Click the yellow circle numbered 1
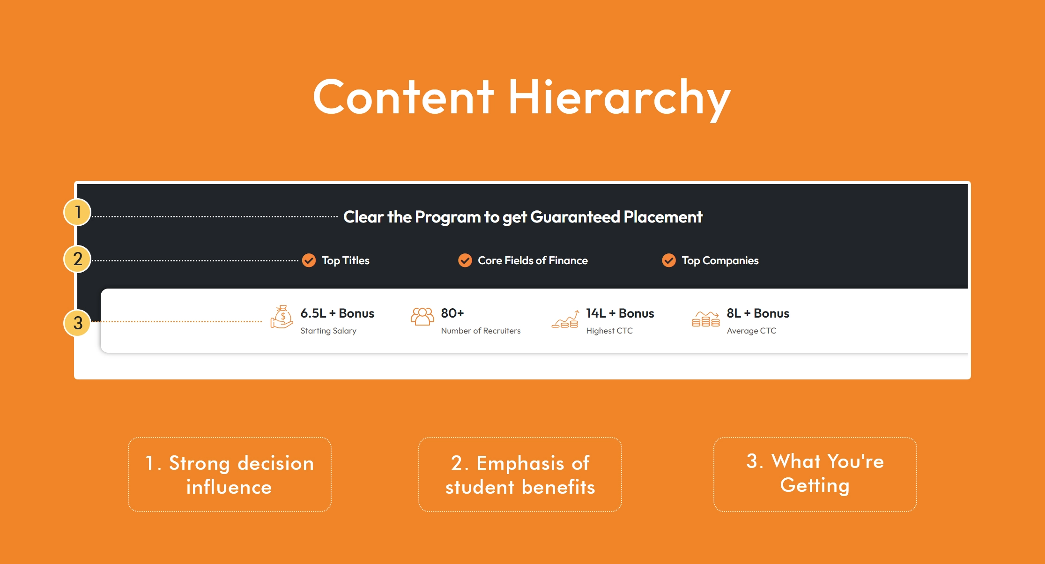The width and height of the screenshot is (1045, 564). click(77, 212)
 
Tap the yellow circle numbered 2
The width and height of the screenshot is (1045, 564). click(77, 259)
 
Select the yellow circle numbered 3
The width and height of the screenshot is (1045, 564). click(77, 323)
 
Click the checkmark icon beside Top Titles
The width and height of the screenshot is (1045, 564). click(309, 260)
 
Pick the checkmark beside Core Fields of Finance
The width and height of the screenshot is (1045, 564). click(465, 260)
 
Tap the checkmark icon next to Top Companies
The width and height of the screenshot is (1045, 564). click(669, 260)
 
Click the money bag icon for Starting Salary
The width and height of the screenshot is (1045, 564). click(282, 317)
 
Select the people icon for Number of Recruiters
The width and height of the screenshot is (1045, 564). click(422, 317)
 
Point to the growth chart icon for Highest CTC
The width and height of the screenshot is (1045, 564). click(565, 319)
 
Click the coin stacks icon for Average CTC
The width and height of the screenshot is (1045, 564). click(705, 319)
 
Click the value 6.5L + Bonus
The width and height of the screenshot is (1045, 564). click(337, 313)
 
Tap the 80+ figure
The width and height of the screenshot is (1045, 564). click(452, 313)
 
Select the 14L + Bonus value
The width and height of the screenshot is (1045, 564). click(620, 313)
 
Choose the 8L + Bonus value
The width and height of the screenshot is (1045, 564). click(758, 313)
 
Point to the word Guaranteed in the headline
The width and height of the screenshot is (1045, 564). click(575, 217)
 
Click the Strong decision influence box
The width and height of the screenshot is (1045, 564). click(230, 475)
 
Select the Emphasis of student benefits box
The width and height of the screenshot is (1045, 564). click(520, 475)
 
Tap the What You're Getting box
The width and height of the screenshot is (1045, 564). click(815, 475)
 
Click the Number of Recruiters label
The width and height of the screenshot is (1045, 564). click(481, 331)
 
